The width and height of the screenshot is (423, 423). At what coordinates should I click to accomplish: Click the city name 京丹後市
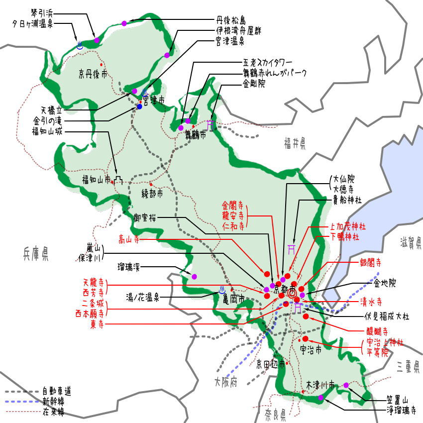click(x=93, y=75)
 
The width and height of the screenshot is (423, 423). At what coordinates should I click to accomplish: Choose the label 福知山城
click(x=48, y=131)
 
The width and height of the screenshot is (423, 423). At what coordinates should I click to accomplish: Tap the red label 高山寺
click(x=129, y=240)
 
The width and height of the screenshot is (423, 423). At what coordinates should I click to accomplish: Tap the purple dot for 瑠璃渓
click(x=194, y=277)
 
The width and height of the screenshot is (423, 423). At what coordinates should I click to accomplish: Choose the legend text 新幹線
click(x=53, y=401)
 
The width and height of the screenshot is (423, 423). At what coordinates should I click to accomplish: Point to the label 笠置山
click(x=397, y=400)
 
